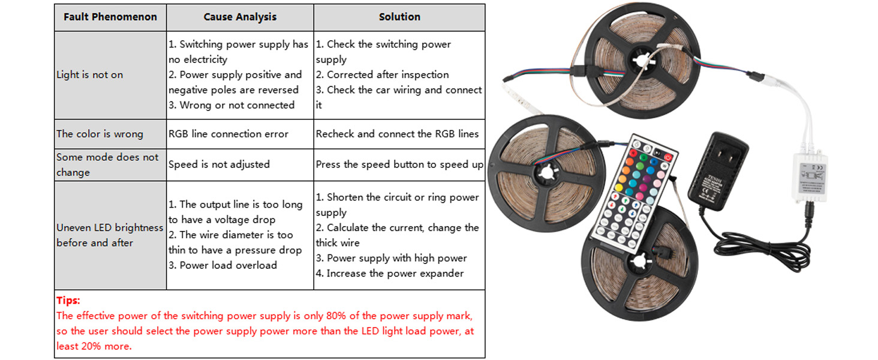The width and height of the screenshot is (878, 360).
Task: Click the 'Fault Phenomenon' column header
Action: pyautogui.click(x=110, y=17)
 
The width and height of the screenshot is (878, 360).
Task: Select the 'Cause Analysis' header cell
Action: pyautogui.click(x=240, y=17)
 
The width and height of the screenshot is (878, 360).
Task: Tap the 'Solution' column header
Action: pyautogui.click(x=399, y=17)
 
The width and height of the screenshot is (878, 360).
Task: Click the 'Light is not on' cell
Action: pyautogui.click(x=90, y=75)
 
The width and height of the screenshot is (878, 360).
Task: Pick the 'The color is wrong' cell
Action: pyautogui.click(x=100, y=134)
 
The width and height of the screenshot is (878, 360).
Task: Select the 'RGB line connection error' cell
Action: pyautogui.click(x=228, y=134)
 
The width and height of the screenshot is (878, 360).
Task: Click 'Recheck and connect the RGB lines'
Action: pyautogui.click(x=397, y=134)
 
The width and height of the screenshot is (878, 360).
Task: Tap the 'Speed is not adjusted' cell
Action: pyautogui.click(x=219, y=164)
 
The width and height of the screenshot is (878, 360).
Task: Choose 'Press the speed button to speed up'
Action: pyautogui.click(x=399, y=164)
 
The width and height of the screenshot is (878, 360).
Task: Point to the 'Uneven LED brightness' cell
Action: pyautogui.click(x=110, y=228)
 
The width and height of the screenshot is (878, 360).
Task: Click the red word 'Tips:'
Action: pyautogui.click(x=68, y=301)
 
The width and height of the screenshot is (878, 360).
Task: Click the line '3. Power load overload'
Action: pyautogui.click(x=222, y=265)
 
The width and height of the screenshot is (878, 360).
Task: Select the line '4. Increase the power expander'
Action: pyautogui.click(x=390, y=274)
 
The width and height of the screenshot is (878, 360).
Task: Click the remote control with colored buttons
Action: pyautogui.click(x=632, y=186)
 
